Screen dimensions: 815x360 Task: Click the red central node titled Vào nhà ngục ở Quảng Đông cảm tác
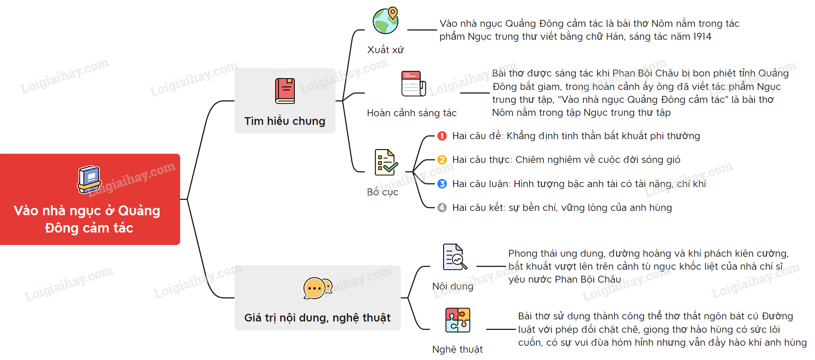(90, 199)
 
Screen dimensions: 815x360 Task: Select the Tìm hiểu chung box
(285, 101)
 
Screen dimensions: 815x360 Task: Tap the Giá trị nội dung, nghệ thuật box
(317, 298)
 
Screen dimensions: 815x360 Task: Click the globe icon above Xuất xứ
(386, 20)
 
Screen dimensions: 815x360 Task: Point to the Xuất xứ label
(385, 50)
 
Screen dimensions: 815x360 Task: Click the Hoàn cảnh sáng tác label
(412, 113)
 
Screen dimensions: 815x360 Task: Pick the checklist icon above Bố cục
(386, 162)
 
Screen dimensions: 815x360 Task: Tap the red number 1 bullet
(442, 136)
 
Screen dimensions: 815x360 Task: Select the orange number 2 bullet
(442, 160)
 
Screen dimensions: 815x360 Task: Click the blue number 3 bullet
(442, 184)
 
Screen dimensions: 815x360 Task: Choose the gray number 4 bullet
(442, 207)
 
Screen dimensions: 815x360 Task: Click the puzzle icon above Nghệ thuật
(458, 320)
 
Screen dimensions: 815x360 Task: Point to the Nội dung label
(453, 286)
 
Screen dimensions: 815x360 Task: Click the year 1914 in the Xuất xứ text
(702, 37)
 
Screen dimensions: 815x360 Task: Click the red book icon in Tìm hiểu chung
(285, 91)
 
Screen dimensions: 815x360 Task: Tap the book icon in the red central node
(89, 179)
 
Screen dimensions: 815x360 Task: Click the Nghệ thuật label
(457, 350)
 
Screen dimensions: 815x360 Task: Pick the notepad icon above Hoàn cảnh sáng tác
(413, 83)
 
